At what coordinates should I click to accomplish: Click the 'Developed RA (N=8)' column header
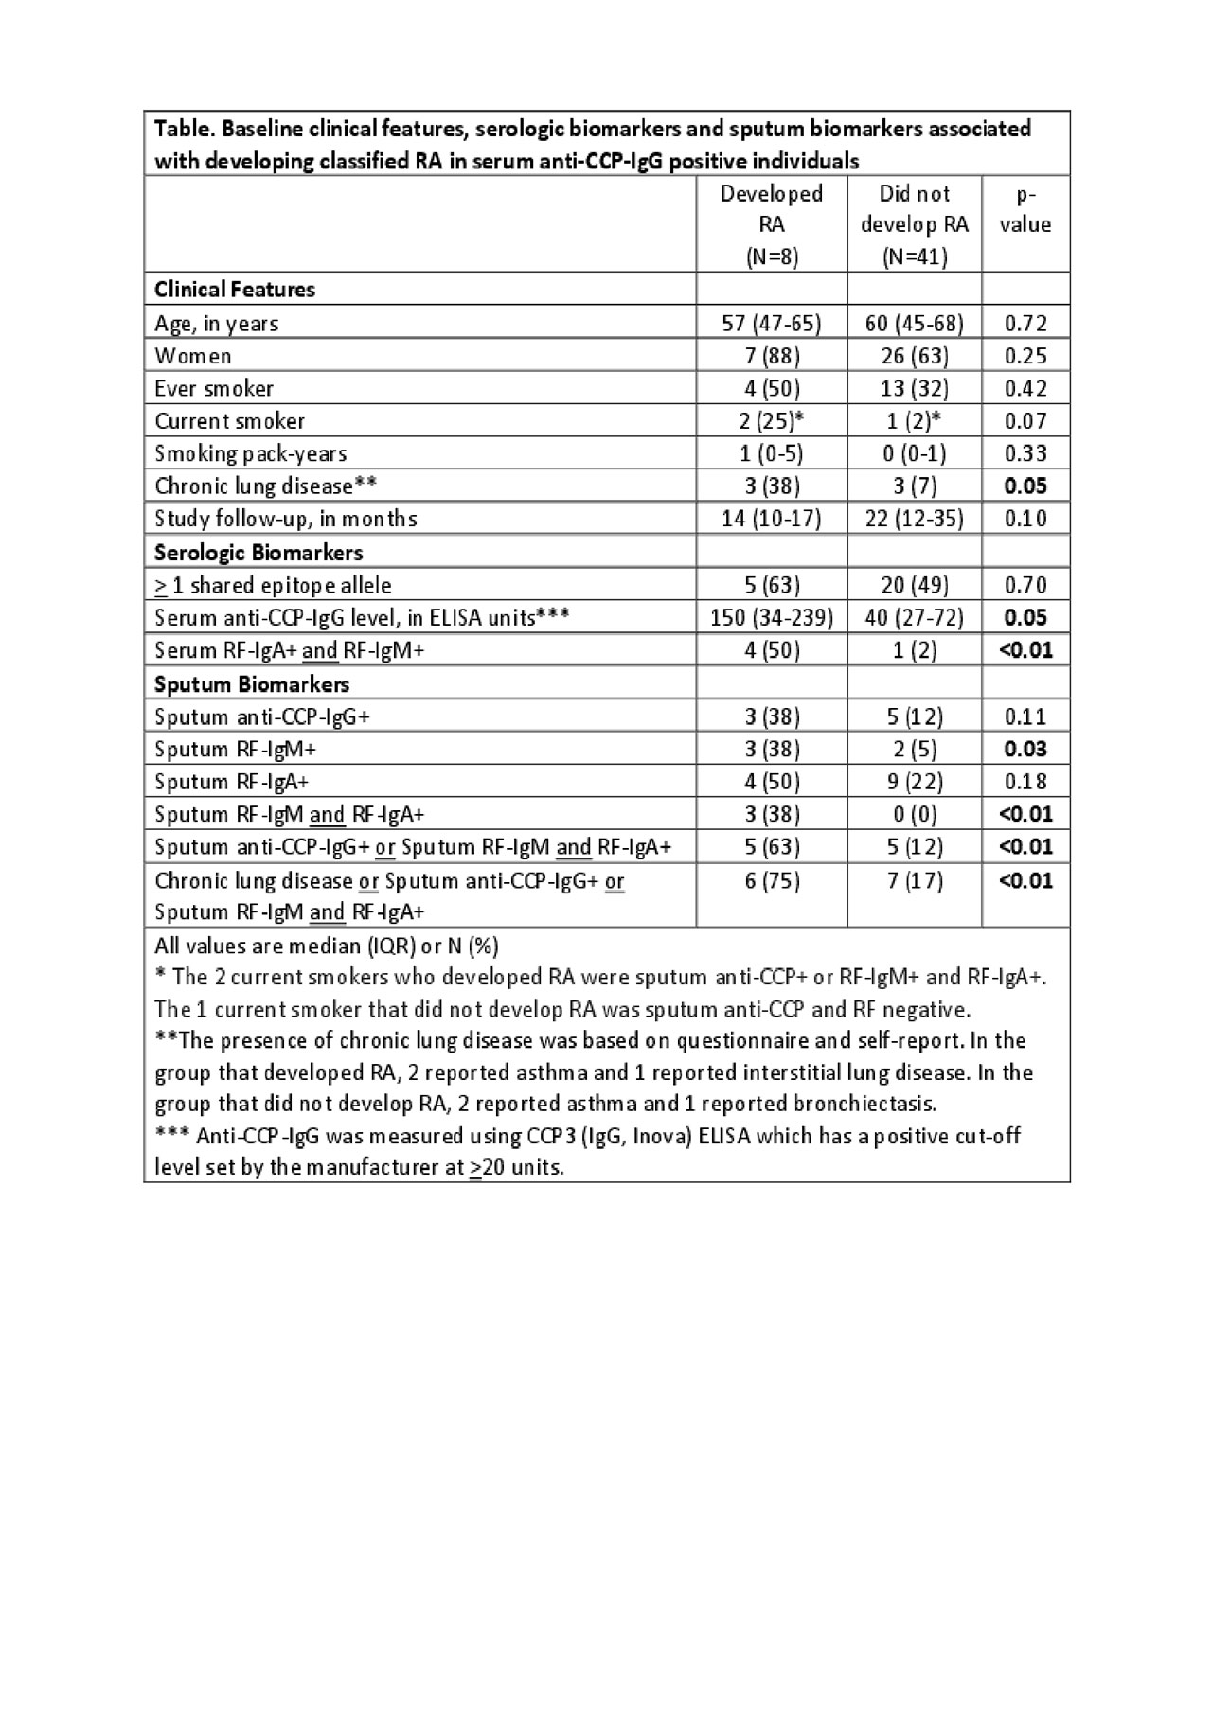pos(772,224)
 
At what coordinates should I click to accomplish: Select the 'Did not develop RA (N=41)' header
pos(914,224)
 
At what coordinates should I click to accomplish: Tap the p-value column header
pos(1025,209)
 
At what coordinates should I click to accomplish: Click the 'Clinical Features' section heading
pos(235,290)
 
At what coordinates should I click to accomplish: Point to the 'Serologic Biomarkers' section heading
pos(258,553)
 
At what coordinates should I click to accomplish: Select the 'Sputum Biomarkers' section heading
pos(252,684)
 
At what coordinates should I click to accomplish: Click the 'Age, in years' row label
pos(217,324)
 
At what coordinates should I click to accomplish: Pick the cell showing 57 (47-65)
pos(772,324)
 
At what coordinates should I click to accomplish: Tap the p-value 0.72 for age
pos(1025,324)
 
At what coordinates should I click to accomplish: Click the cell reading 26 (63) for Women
pos(914,356)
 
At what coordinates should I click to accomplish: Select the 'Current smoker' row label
pos(230,421)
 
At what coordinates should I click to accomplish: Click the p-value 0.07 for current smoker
pos(1025,421)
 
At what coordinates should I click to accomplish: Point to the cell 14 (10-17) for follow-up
pos(772,519)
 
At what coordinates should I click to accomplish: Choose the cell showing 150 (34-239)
pos(772,618)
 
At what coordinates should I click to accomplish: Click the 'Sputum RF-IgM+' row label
pos(236,750)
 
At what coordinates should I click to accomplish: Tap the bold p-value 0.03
pos(1025,750)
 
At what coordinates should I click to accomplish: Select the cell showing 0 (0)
pos(914,814)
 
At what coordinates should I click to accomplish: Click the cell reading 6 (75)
pos(772,881)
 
